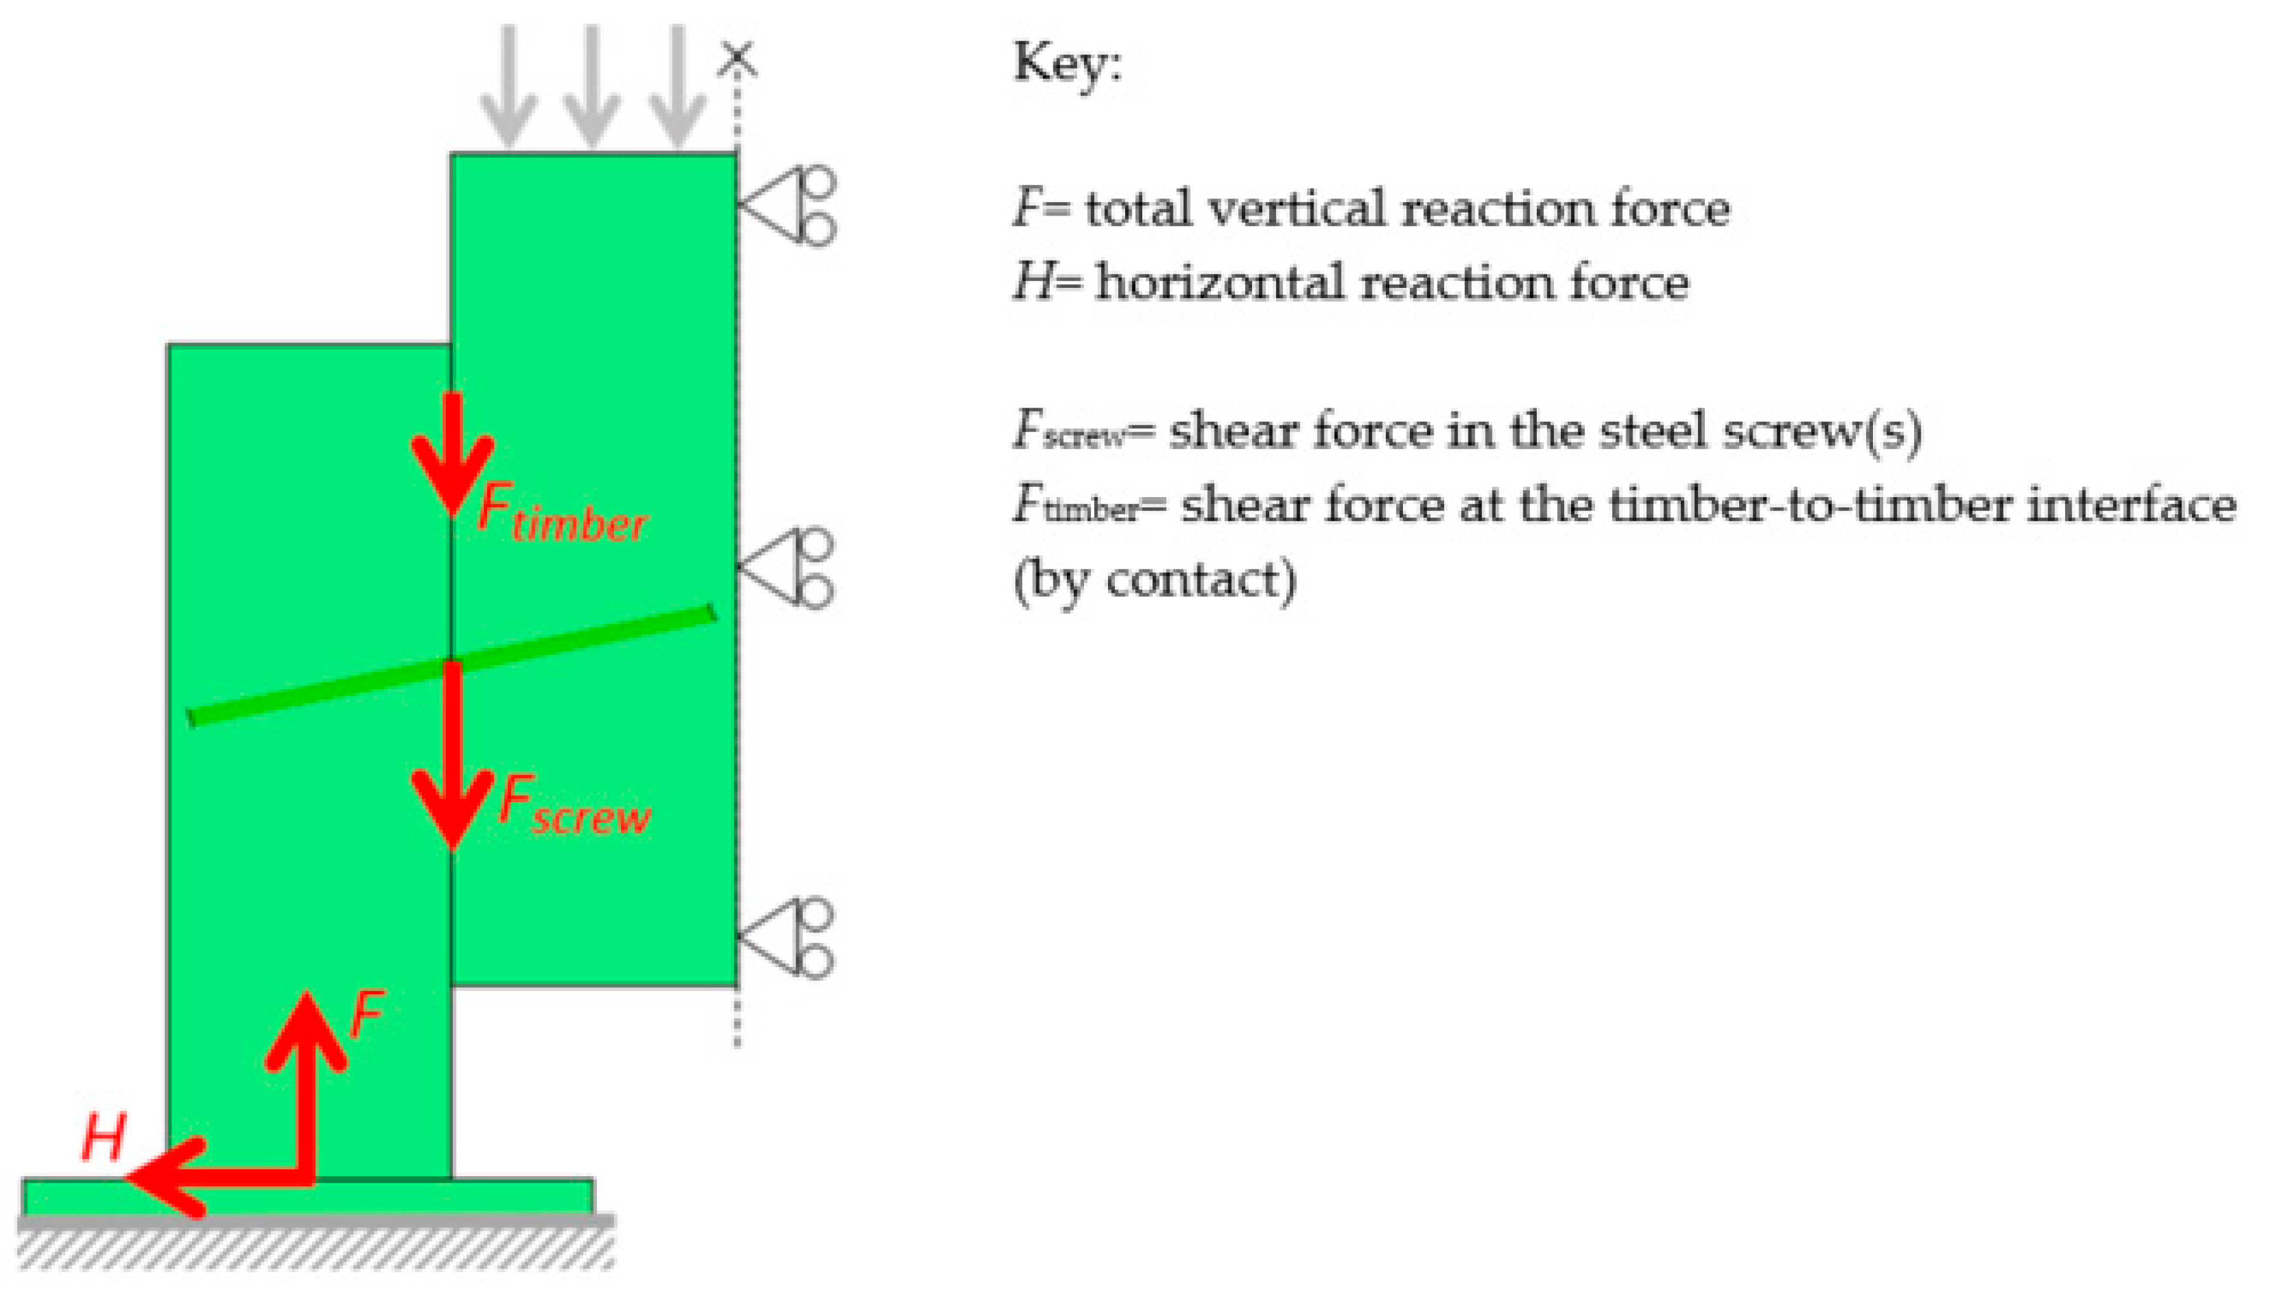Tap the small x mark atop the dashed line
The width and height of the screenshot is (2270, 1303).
tap(738, 58)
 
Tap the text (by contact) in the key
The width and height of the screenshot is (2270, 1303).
tap(1155, 581)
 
